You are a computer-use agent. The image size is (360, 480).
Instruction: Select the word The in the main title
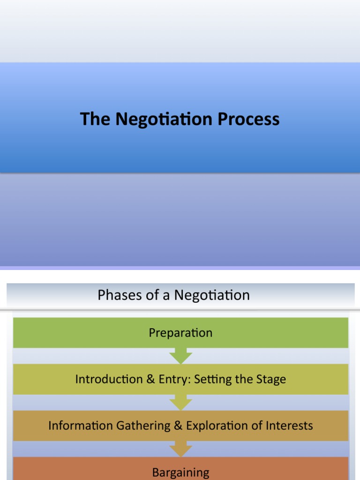point(95,119)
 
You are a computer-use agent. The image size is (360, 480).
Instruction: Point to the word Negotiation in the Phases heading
point(212,295)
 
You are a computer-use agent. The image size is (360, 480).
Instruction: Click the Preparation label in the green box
point(180,333)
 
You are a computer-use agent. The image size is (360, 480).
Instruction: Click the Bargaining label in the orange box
point(180,472)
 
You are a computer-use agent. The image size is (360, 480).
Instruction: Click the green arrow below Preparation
point(180,356)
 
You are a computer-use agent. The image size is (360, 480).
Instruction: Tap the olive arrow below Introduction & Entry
point(180,403)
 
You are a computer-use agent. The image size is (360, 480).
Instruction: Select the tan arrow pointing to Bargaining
point(180,449)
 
